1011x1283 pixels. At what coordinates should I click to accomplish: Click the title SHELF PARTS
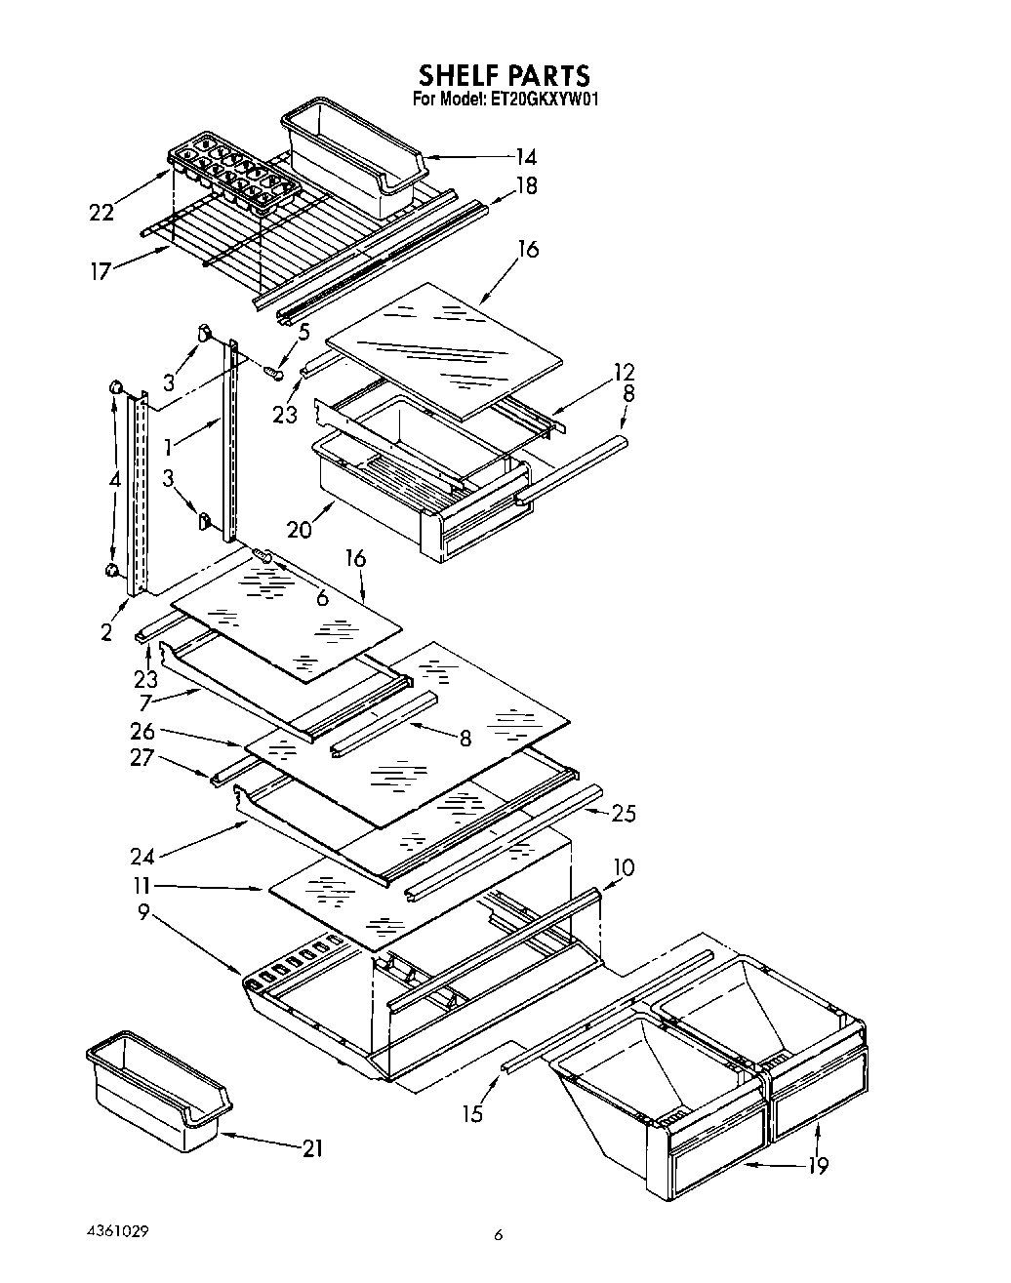tap(505, 75)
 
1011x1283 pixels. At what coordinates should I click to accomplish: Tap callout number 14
tap(526, 156)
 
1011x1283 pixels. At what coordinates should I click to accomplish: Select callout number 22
tap(101, 212)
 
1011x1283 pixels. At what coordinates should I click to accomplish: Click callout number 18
tap(526, 185)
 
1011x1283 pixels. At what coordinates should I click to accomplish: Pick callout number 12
tap(624, 372)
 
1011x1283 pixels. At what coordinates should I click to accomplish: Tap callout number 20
tap(299, 529)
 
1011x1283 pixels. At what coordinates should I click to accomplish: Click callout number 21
tap(311, 1148)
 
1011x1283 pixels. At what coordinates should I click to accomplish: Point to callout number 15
tap(473, 1112)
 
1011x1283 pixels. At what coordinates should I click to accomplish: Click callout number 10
tap(625, 866)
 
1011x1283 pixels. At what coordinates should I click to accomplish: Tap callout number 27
tap(142, 756)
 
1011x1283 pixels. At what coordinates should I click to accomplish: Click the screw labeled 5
tap(277, 372)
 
